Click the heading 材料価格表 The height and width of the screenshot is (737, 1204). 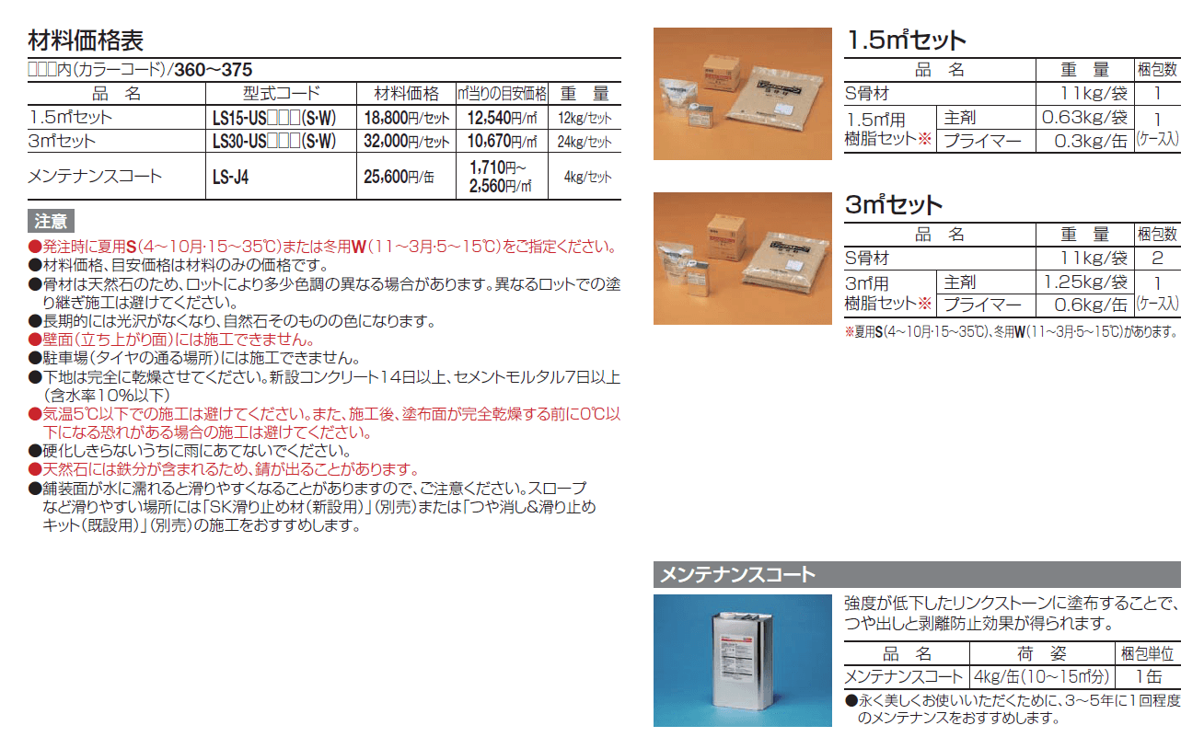(x=86, y=40)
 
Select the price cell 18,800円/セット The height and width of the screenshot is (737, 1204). (x=406, y=118)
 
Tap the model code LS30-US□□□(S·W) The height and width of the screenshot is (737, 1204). (x=274, y=142)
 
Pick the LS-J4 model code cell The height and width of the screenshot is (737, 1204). (x=231, y=177)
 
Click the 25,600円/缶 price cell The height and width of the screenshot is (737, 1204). (x=399, y=176)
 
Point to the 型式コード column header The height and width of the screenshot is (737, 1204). (x=281, y=94)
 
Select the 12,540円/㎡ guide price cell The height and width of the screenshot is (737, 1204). (x=502, y=118)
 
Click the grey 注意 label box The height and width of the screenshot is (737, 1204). (x=51, y=221)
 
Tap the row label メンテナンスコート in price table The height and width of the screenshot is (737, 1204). (x=95, y=176)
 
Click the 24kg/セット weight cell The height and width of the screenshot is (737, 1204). (x=585, y=142)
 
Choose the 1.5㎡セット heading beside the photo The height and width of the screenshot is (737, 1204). (x=906, y=40)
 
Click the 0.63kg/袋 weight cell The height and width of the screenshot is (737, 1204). (x=1084, y=117)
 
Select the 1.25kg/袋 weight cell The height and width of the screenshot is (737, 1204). (x=1085, y=282)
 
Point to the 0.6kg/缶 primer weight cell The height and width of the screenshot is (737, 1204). (x=1091, y=305)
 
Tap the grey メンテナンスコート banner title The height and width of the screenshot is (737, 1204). (x=737, y=575)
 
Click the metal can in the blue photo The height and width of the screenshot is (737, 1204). (x=743, y=661)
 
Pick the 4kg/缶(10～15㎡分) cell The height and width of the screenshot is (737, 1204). (x=1042, y=676)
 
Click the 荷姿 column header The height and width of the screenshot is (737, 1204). (x=1042, y=653)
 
